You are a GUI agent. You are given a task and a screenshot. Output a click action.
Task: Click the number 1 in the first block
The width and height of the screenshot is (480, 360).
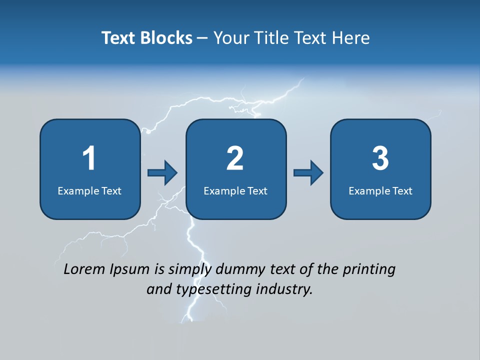(89, 158)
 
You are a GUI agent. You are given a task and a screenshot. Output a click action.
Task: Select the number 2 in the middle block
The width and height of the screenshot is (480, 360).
(235, 158)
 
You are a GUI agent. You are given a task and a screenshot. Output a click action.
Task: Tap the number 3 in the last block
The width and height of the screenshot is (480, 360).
(380, 158)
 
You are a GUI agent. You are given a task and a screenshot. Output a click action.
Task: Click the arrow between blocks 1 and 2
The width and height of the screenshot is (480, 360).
(163, 173)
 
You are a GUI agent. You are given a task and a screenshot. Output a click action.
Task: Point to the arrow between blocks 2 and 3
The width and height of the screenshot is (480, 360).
(308, 173)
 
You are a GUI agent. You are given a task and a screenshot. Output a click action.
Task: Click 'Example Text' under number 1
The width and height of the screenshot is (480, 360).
(89, 190)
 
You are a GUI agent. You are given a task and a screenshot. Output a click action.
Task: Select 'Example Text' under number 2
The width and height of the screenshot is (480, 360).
(235, 190)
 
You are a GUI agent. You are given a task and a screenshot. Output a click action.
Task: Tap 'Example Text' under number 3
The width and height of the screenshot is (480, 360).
(380, 190)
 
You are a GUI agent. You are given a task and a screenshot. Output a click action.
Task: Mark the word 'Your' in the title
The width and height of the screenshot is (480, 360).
(231, 38)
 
